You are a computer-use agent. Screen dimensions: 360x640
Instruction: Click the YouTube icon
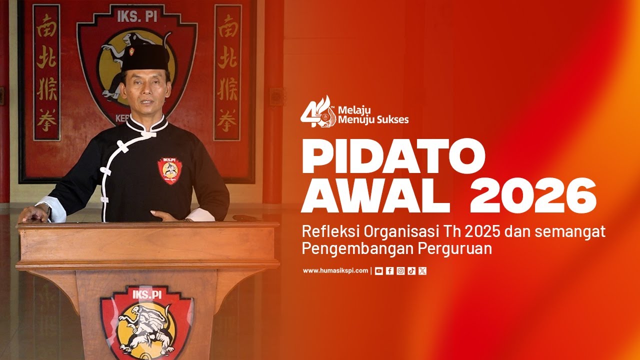379,271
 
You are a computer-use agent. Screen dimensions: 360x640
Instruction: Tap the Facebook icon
390,271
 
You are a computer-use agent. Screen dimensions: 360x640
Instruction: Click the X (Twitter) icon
422,271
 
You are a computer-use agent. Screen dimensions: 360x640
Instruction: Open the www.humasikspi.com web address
335,271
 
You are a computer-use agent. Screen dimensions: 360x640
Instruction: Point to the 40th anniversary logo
317,111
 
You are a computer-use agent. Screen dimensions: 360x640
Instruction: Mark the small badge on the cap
132,51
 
